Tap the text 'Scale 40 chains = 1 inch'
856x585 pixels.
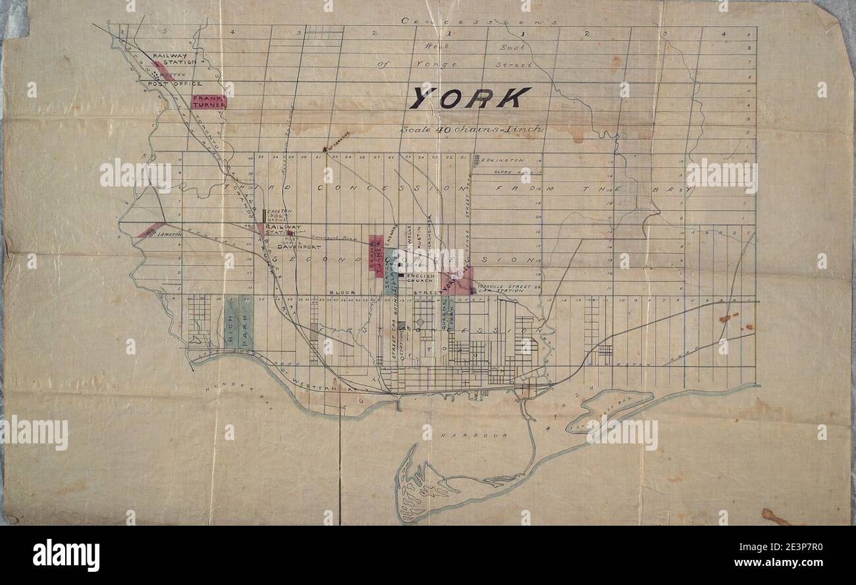point(472,129)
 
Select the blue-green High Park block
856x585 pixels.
point(238,322)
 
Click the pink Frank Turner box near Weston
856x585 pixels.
point(209,101)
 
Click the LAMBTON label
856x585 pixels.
point(169,242)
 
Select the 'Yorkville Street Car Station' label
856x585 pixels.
point(498,288)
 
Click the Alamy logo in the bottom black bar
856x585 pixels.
point(66,555)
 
